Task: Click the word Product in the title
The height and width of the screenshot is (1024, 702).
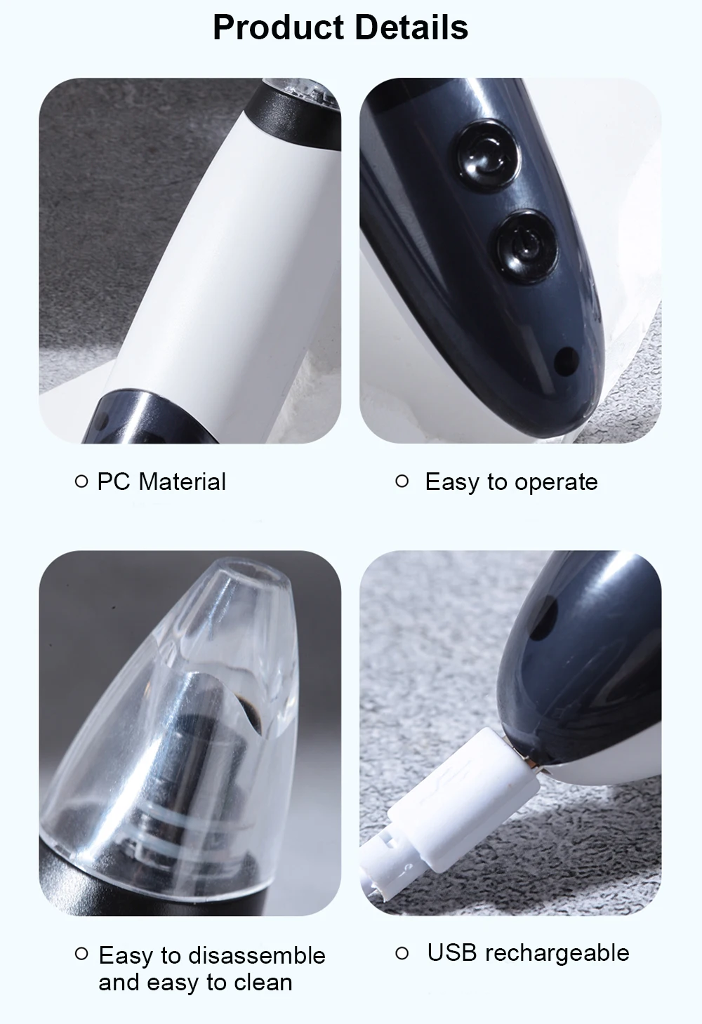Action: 278,27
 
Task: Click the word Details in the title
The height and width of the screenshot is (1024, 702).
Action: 411,27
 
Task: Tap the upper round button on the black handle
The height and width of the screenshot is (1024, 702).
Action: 489,154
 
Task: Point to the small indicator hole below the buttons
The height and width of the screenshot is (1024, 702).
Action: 567,359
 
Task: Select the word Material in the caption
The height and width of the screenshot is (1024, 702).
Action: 182,482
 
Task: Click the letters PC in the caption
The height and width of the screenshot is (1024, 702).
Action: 114,482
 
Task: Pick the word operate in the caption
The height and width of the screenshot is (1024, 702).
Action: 557,484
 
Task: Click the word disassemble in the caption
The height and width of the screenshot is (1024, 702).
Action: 256,956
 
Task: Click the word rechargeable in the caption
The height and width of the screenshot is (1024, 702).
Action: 557,955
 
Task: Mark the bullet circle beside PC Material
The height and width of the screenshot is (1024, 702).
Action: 81,481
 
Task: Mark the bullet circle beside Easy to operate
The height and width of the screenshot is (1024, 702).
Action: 402,481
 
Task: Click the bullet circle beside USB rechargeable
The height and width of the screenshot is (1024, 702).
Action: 402,953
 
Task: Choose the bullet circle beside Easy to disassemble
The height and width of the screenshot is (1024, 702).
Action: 81,954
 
